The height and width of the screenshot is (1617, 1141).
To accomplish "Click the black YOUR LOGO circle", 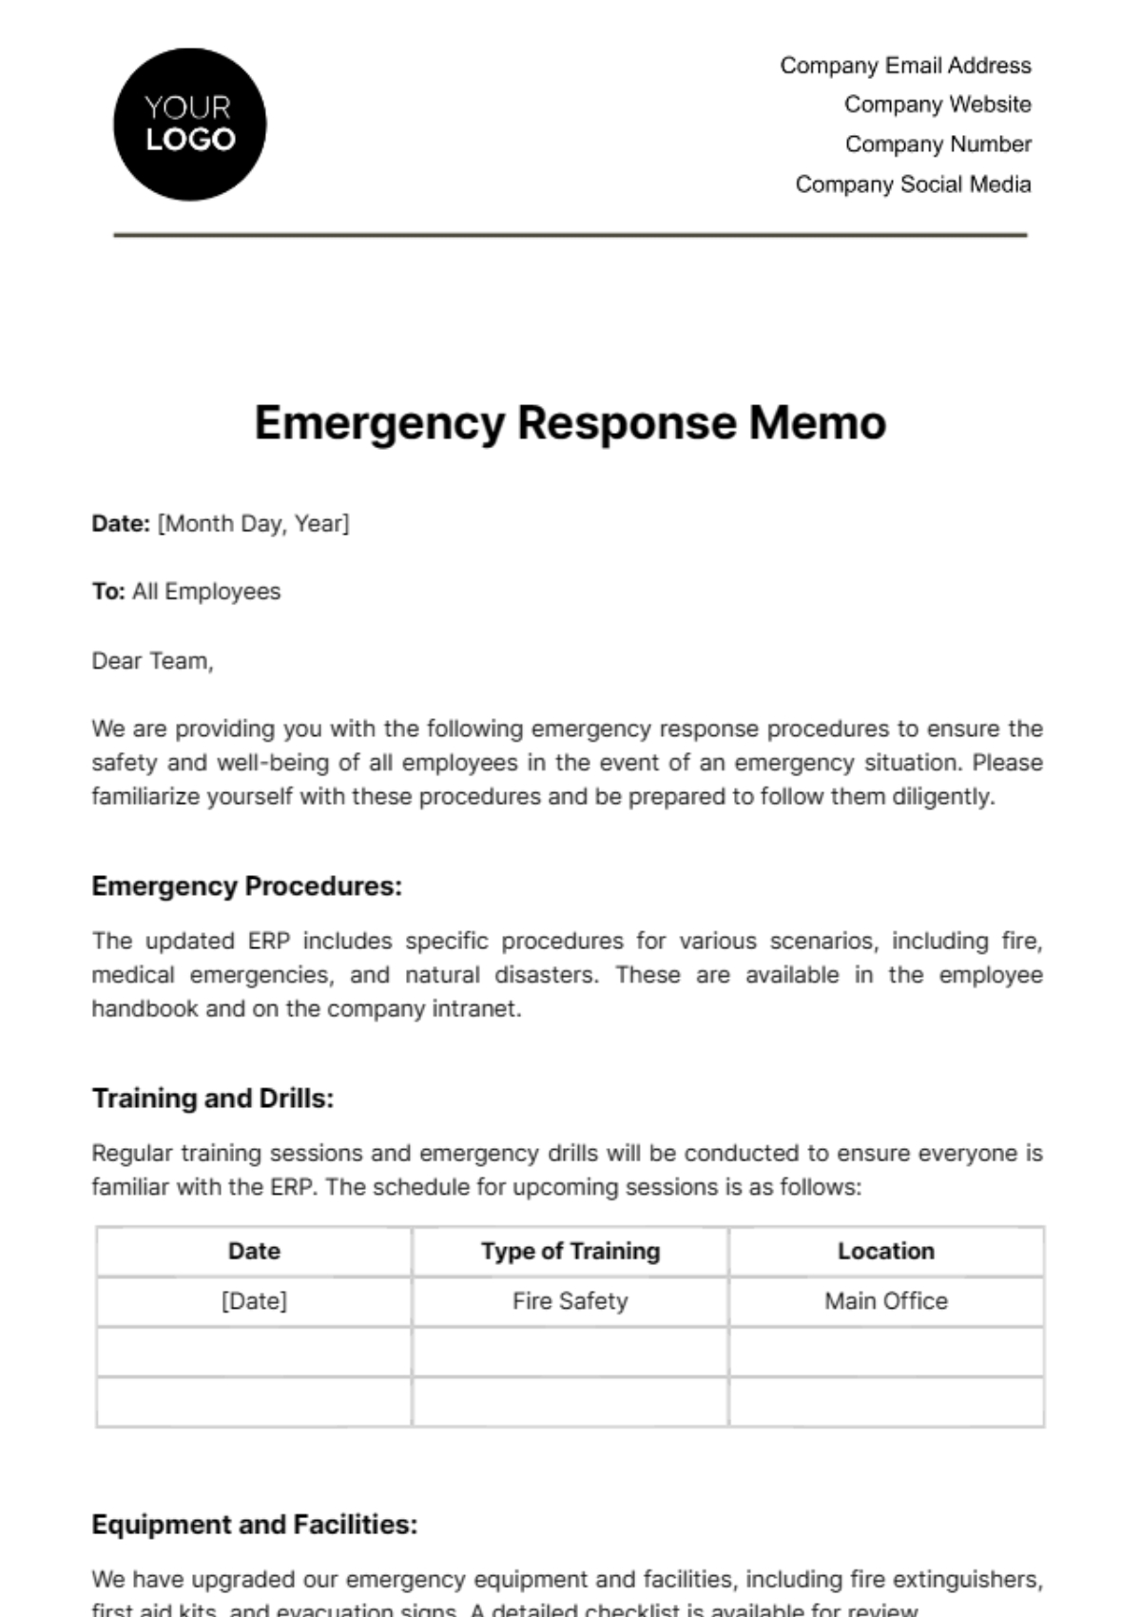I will click(x=189, y=125).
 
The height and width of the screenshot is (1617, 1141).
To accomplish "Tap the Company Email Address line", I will click(x=905, y=66).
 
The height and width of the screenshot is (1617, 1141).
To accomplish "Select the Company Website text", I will click(x=938, y=105).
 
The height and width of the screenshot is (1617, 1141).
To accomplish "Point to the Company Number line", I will click(x=938, y=145).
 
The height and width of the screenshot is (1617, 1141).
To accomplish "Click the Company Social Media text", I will click(x=913, y=185).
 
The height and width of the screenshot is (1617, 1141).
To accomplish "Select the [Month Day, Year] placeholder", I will click(x=254, y=523).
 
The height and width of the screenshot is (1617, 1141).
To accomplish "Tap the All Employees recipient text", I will click(x=206, y=592).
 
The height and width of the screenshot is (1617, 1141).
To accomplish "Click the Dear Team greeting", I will click(x=152, y=661).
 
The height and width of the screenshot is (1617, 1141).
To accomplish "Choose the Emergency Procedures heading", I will click(x=246, y=886).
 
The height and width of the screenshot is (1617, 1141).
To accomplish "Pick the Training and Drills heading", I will click(x=213, y=1099).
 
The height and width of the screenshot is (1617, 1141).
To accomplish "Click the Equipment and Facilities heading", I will click(x=254, y=1525).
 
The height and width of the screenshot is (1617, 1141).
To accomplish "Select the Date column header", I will click(x=254, y=1251).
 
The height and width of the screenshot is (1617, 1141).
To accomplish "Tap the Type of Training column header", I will click(x=570, y=1251).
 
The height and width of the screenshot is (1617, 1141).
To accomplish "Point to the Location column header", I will click(x=886, y=1251).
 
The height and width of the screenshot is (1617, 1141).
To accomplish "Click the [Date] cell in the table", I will click(x=254, y=1301).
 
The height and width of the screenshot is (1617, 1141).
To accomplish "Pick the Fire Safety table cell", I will click(x=570, y=1301).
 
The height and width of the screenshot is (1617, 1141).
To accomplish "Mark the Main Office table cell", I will click(x=886, y=1301).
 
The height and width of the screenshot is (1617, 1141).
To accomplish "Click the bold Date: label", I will click(x=121, y=523).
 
